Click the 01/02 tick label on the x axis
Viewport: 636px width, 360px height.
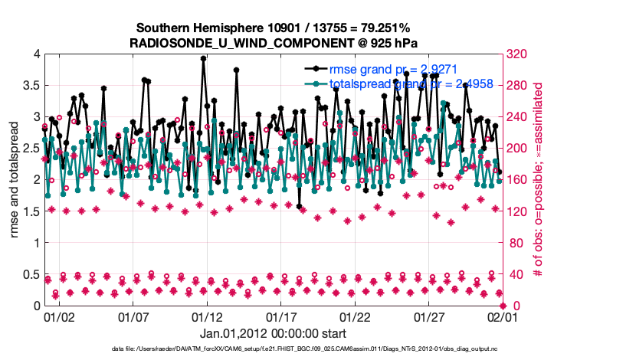[x=59, y=316]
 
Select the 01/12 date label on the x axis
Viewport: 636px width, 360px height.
[x=207, y=316]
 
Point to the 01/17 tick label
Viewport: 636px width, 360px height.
[x=281, y=316]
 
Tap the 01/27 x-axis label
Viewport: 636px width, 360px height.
[x=429, y=316]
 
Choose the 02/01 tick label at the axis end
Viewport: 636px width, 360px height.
[x=503, y=316]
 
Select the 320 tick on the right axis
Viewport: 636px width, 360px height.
[x=516, y=54]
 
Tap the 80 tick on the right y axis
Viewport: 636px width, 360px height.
[x=513, y=243]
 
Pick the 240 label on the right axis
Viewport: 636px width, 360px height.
[x=516, y=116]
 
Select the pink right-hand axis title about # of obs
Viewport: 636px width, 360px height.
[x=539, y=180]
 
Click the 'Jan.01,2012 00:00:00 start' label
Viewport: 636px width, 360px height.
[x=273, y=334]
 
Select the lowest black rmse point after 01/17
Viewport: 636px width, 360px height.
[x=299, y=206]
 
